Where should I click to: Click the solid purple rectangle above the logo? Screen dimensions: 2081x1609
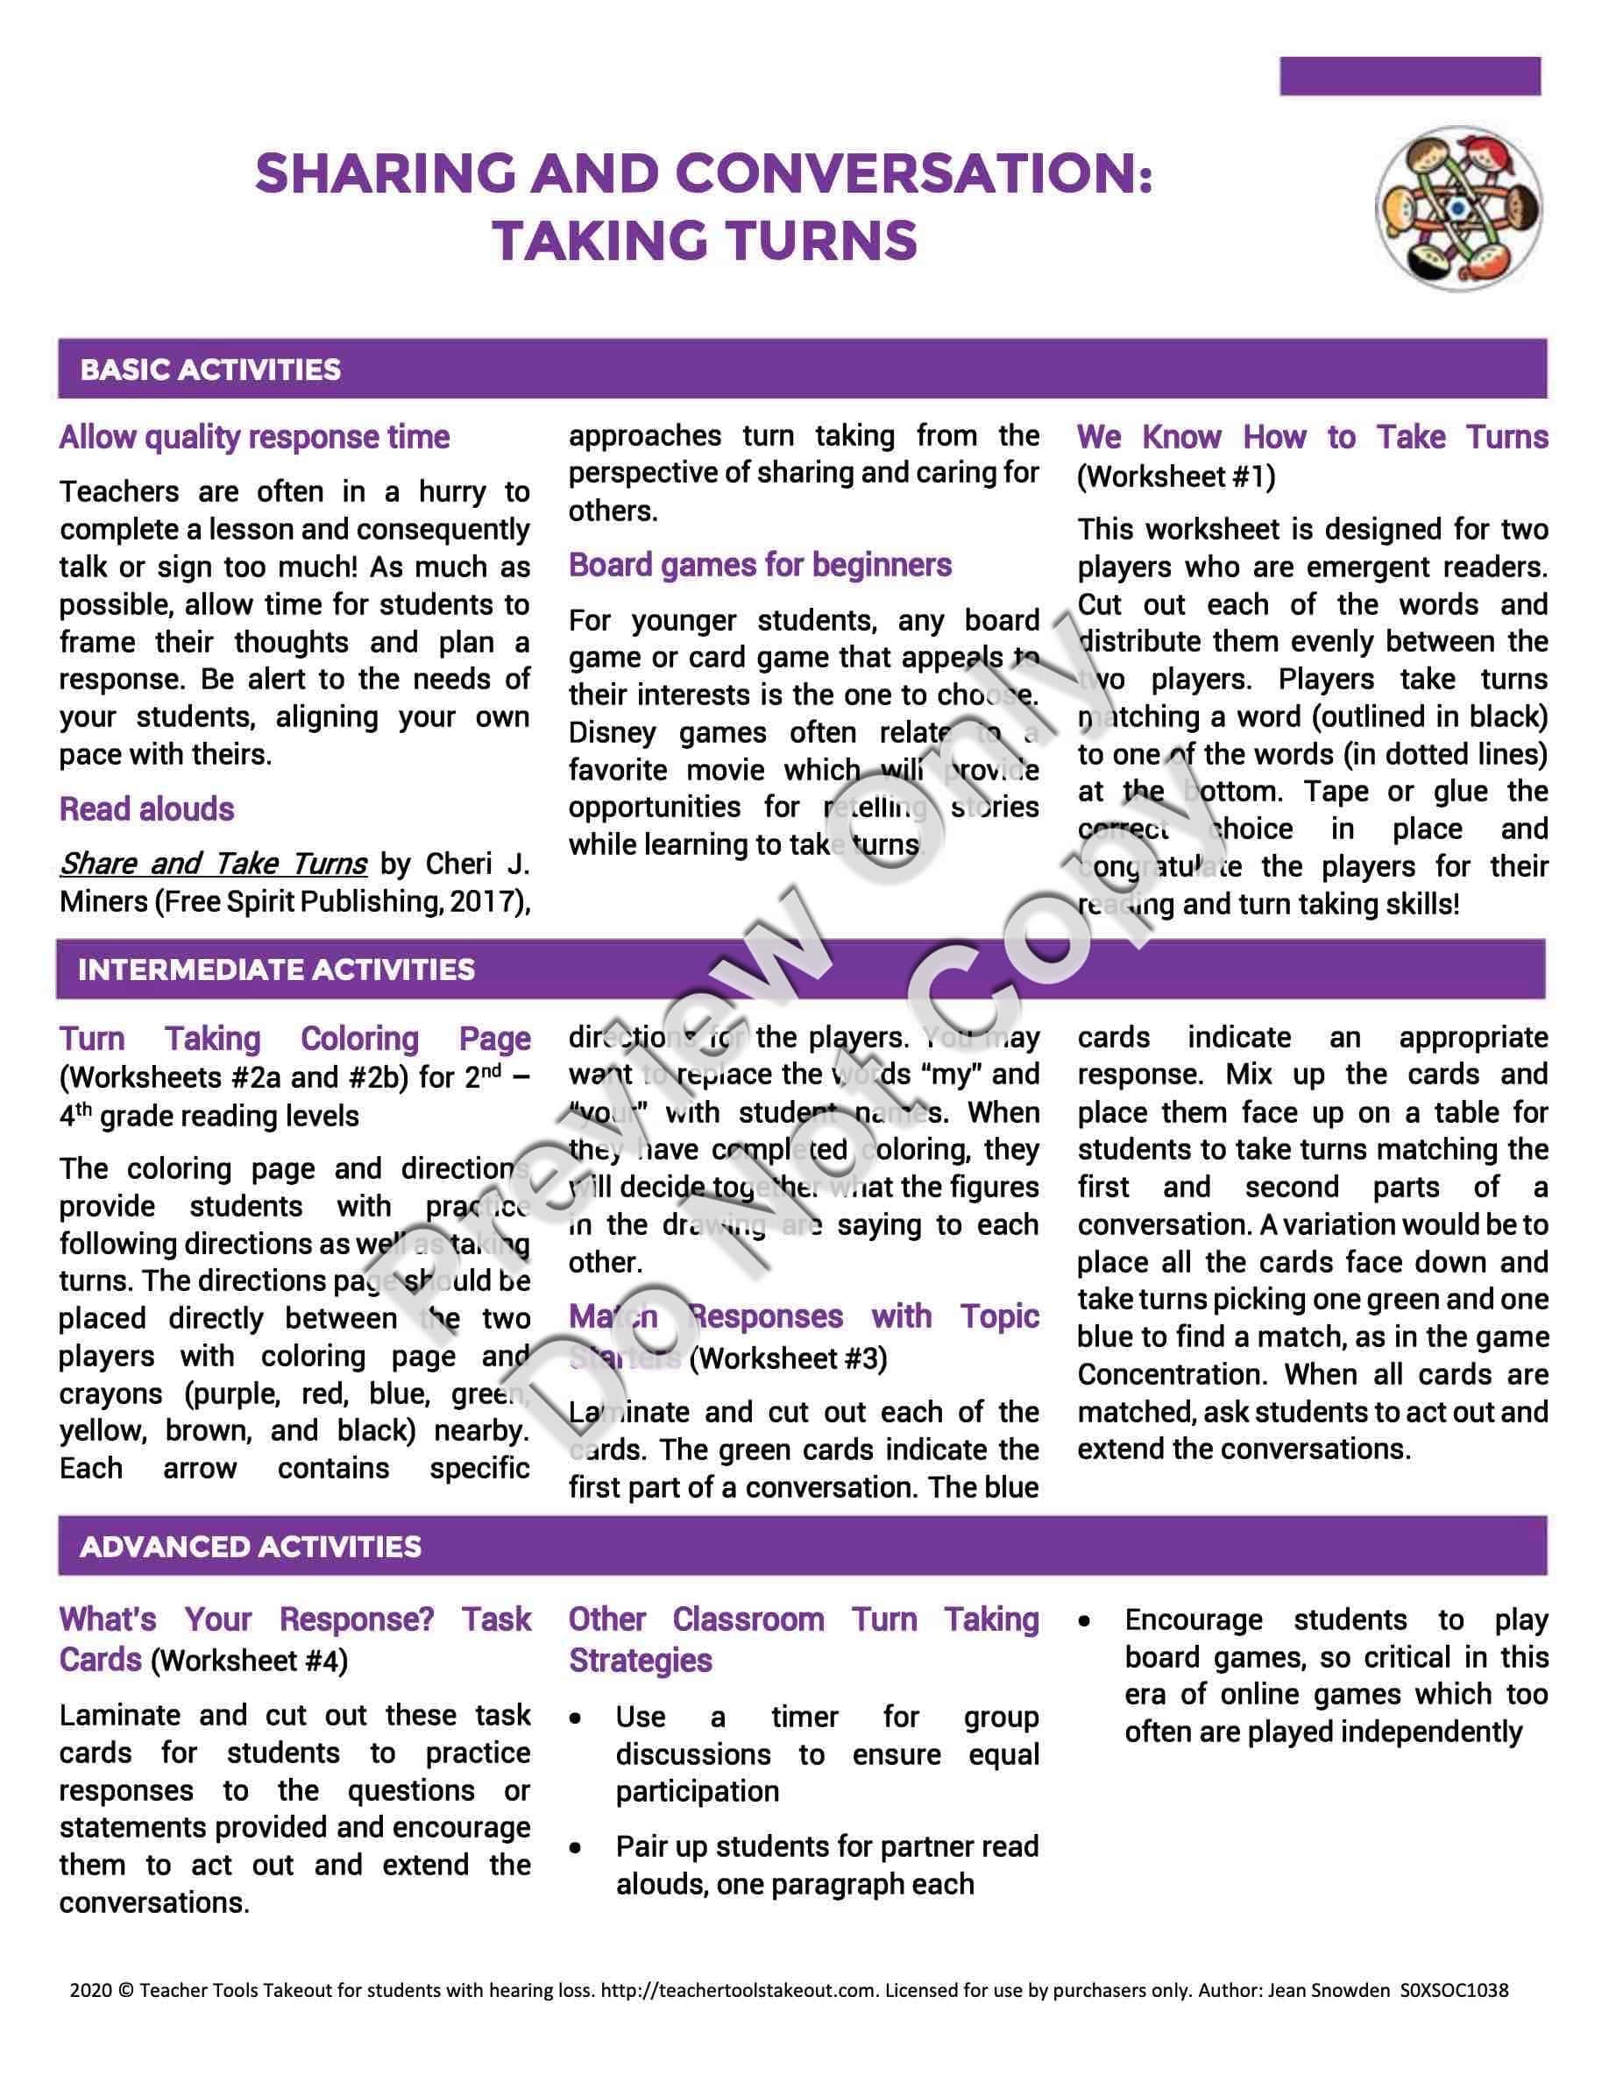[1410, 76]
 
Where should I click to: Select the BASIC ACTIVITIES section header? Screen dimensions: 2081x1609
[210, 370]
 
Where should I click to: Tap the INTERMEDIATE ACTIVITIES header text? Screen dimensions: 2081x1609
[276, 970]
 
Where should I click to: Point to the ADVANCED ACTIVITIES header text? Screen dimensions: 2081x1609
[251, 1547]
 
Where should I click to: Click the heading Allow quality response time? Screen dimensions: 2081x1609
[254, 437]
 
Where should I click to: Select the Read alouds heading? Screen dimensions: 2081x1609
[147, 809]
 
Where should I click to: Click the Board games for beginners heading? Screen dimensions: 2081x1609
[760, 565]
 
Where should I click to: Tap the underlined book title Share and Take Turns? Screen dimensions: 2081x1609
[214, 864]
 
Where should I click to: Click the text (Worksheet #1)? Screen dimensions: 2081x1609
[1176, 476]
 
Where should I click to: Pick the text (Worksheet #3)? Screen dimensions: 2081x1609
[789, 1358]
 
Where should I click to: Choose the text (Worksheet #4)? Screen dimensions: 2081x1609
[250, 1661]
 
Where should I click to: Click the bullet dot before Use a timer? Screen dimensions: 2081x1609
[576, 1719]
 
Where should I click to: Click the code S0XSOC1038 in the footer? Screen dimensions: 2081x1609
[1455, 1991]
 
